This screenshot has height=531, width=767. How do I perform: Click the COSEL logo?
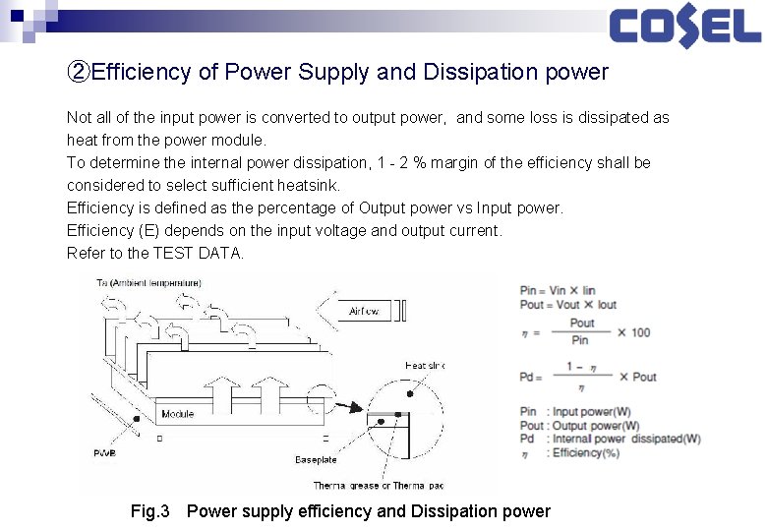pyautogui.click(x=684, y=27)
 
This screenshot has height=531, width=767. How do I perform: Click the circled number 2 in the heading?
pyautogui.click(x=78, y=72)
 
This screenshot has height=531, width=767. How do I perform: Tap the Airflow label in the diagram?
pyautogui.click(x=364, y=312)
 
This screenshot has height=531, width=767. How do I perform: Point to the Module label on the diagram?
pyautogui.click(x=177, y=414)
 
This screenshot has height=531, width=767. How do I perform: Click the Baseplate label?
pyautogui.click(x=316, y=459)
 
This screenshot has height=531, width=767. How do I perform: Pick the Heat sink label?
pyautogui.click(x=425, y=366)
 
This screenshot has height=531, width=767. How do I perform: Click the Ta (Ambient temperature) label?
pyautogui.click(x=148, y=283)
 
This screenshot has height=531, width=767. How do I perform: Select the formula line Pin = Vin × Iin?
pyautogui.click(x=558, y=290)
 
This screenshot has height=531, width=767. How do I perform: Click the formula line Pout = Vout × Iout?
pyautogui.click(x=568, y=304)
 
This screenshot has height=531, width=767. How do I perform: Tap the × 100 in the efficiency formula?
pyautogui.click(x=633, y=332)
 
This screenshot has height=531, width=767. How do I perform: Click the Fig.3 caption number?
pyautogui.click(x=150, y=511)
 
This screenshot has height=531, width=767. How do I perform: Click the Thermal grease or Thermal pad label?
pyautogui.click(x=379, y=486)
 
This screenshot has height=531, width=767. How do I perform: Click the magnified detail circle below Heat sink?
pyautogui.click(x=404, y=422)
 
